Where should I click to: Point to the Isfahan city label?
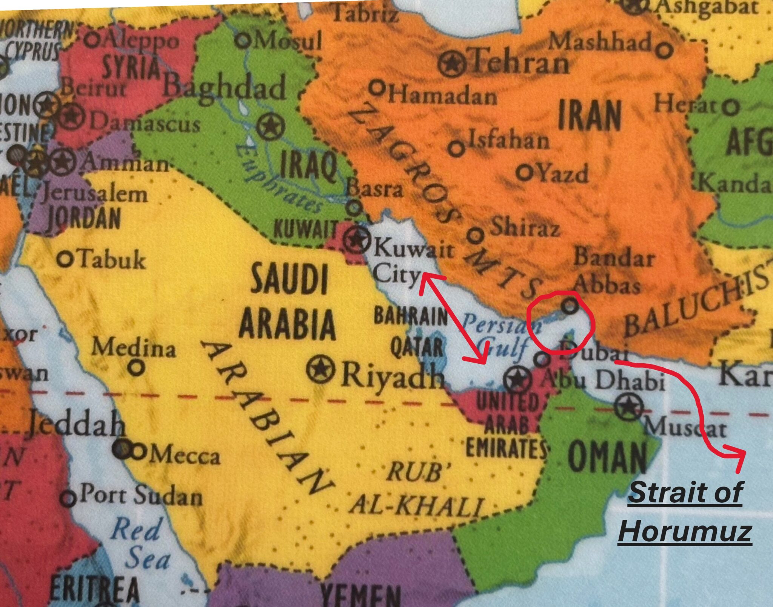click(508, 140)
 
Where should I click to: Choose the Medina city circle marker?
click(137, 367)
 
